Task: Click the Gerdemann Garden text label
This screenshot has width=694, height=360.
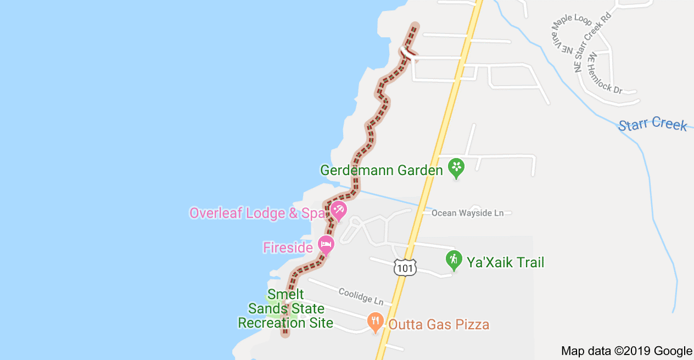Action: [x=381, y=170]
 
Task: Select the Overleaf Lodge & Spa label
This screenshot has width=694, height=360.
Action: [x=258, y=213]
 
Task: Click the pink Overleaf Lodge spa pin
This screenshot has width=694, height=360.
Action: [x=338, y=210]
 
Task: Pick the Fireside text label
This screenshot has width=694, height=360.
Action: [x=288, y=248]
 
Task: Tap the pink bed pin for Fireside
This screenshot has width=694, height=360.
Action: [x=326, y=244]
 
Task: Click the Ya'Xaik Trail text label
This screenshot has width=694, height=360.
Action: [x=505, y=262]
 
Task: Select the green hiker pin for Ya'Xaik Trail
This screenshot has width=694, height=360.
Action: [x=454, y=260]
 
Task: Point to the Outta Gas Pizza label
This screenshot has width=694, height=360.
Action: [x=439, y=324]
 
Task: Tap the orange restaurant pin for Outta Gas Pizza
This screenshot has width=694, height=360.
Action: [x=375, y=321]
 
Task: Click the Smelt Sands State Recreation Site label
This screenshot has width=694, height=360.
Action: [x=286, y=309]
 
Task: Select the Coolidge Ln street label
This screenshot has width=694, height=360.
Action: [x=361, y=296]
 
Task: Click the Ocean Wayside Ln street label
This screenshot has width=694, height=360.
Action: [x=467, y=213]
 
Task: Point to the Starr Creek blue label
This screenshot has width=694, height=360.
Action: [x=652, y=124]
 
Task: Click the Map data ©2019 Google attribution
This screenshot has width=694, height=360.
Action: [x=626, y=351]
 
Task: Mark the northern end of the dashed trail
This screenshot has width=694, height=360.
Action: [x=415, y=25]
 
